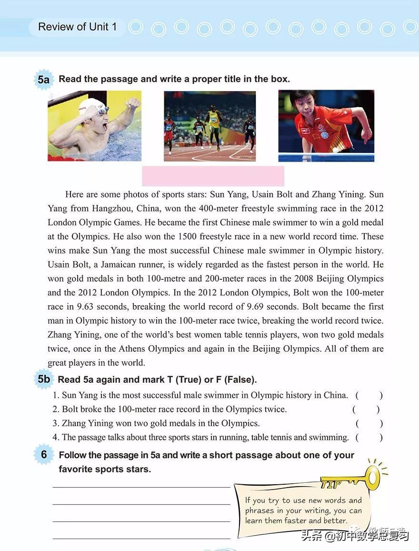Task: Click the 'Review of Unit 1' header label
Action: pos(77,27)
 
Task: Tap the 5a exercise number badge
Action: pos(43,80)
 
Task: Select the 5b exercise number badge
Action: pos(43,379)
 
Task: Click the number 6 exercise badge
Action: pos(44,455)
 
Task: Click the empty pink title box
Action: pos(213,176)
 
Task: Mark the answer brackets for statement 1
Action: pos(369,395)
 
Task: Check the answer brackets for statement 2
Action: pos(366,409)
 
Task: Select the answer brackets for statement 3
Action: pos(369,423)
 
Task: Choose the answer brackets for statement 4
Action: pos(369,437)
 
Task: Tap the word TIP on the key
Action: pos(331,485)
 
